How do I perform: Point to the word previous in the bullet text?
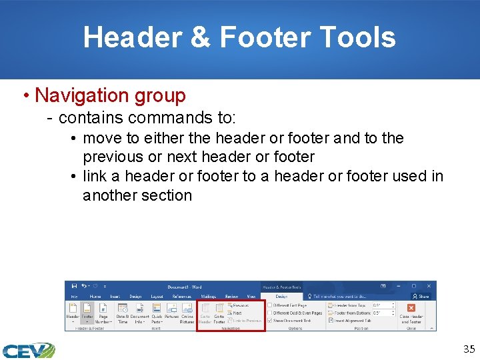click(113, 157)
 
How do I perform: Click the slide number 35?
click(469, 348)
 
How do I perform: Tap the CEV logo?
click(28, 350)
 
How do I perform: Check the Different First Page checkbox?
click(269, 305)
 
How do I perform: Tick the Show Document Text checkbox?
click(269, 321)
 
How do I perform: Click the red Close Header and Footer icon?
click(411, 307)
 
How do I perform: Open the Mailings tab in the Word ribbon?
click(208, 297)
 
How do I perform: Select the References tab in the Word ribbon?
click(181, 297)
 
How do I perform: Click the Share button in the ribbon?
click(421, 297)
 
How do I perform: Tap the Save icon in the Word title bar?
click(74, 287)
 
